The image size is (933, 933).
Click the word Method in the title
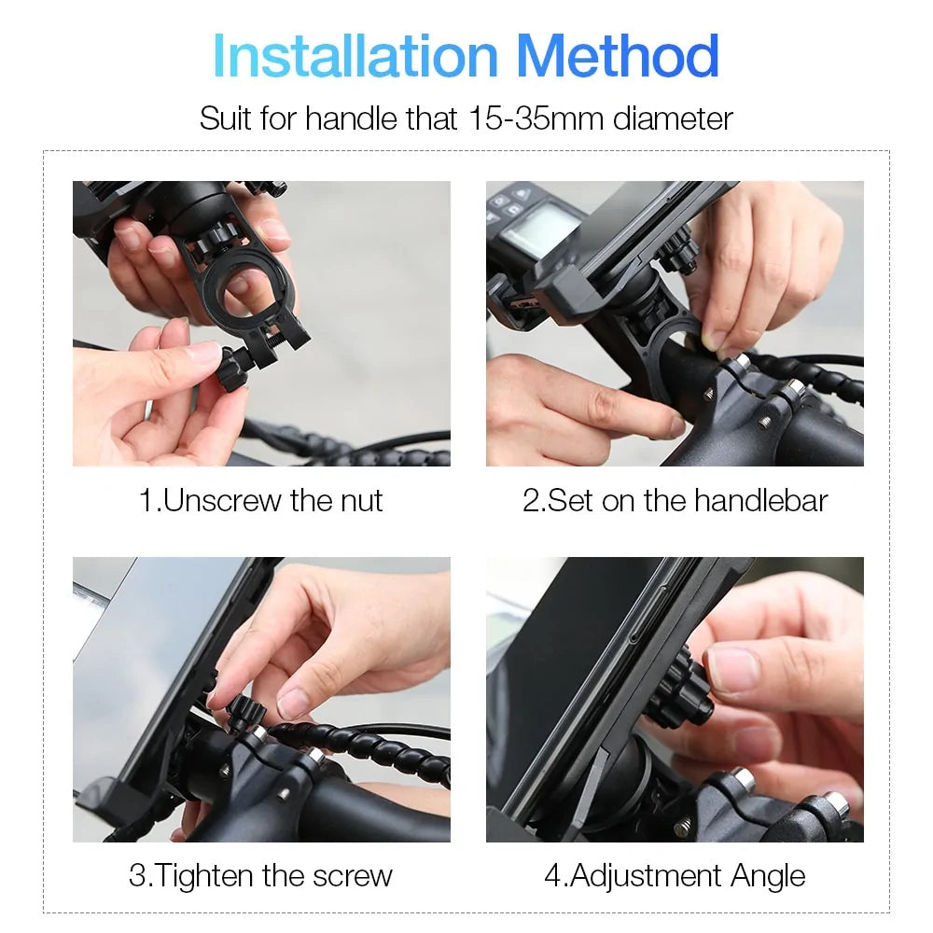coord(618,57)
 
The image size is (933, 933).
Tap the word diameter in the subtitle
coord(673,118)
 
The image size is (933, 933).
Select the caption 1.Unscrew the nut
coord(261,501)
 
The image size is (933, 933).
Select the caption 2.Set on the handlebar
coord(675,501)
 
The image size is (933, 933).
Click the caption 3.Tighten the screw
coord(261,876)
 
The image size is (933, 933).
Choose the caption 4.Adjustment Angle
coord(675,876)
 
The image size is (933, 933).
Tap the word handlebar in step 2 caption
coord(760,501)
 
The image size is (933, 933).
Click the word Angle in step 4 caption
coord(769,876)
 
